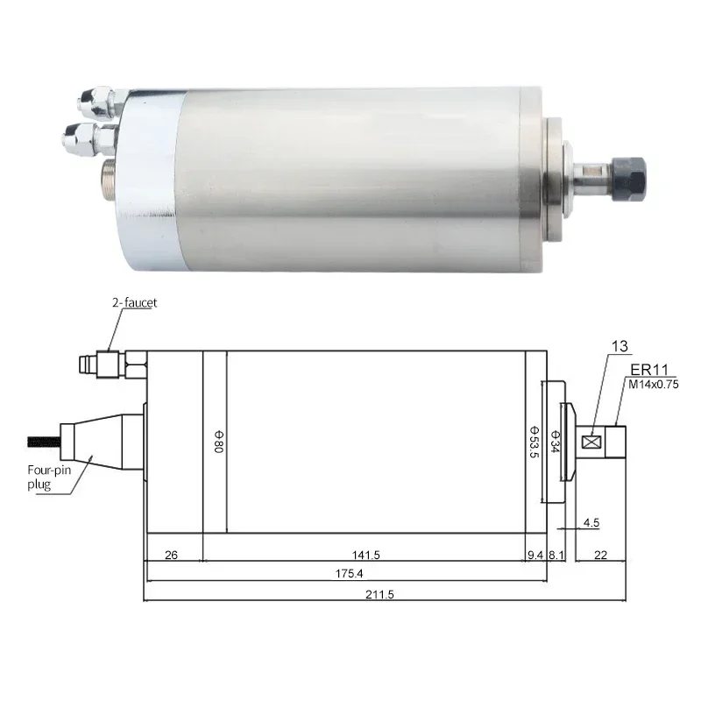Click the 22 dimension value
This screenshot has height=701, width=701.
click(x=599, y=554)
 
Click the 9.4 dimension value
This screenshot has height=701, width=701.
click(x=535, y=554)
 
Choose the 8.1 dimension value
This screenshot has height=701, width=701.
click(x=556, y=554)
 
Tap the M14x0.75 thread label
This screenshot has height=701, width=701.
click(x=653, y=383)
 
